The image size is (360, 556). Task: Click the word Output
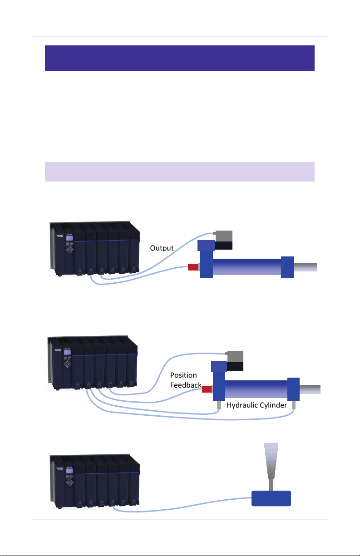(162, 248)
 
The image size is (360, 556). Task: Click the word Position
(183, 375)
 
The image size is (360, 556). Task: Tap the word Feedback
(186, 385)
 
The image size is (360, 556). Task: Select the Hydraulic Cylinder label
(256, 405)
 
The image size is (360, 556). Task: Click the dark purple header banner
(180, 58)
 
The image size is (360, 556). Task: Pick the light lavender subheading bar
(180, 172)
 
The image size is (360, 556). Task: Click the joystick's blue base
(271, 498)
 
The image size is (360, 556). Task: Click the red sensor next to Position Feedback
(207, 389)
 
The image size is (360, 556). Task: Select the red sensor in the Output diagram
(192, 266)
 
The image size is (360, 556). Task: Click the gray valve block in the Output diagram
(223, 236)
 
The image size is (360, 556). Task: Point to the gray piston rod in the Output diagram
(306, 267)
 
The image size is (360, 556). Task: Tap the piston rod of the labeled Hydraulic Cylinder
(310, 389)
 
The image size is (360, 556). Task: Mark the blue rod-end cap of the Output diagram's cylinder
(287, 267)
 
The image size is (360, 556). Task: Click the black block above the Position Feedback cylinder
(235, 367)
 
